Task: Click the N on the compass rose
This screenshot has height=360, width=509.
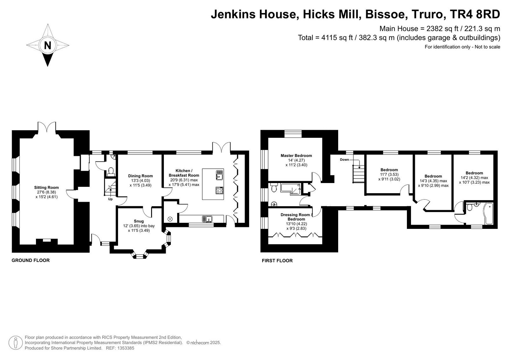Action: pyautogui.click(x=47, y=46)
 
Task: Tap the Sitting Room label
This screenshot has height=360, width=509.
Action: pyautogui.click(x=46, y=187)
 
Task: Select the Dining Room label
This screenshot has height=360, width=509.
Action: pyautogui.click(x=140, y=176)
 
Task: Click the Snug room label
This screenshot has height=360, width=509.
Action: pyautogui.click(x=139, y=221)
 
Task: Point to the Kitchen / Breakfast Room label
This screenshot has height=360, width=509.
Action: pyautogui.click(x=184, y=173)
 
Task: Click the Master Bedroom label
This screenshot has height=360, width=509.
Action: pyautogui.click(x=296, y=156)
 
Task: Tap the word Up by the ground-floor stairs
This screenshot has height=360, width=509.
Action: pyautogui.click(x=110, y=199)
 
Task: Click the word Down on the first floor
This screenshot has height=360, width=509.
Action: pyautogui.click(x=345, y=160)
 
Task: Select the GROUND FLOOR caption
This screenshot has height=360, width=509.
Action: pyautogui.click(x=31, y=260)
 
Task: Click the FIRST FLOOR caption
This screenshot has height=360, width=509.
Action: pyautogui.click(x=277, y=261)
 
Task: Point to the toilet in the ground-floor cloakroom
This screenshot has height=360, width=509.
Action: pyautogui.click(x=111, y=172)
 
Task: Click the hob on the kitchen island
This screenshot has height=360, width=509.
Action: pyautogui.click(x=220, y=190)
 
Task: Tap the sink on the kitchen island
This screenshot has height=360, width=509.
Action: pyautogui.click(x=220, y=175)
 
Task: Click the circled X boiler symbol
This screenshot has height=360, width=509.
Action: pyautogui.click(x=170, y=219)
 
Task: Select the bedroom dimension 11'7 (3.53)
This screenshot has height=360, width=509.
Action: pyautogui.click(x=389, y=175)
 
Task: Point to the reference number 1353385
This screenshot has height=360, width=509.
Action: pyautogui.click(x=126, y=348)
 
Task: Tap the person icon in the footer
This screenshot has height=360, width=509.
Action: pyautogui.click(x=16, y=343)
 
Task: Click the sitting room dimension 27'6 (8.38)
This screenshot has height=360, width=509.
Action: pyautogui.click(x=46, y=192)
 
